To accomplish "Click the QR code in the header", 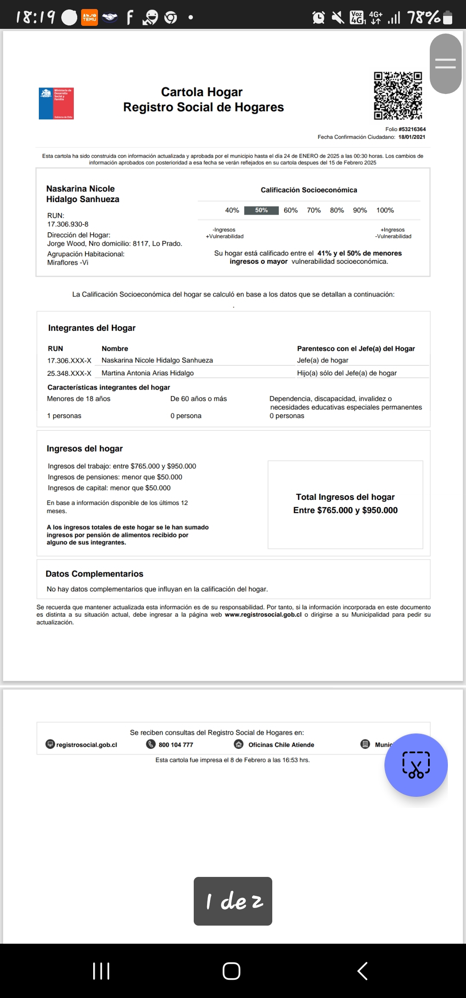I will (398, 96).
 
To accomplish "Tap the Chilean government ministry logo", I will (57, 103).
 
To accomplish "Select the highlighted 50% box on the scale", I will (261, 210).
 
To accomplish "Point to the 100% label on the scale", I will (385, 210).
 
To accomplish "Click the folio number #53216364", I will (412, 129).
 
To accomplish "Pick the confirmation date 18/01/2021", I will (412, 137).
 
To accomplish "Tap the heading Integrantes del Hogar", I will (92, 328).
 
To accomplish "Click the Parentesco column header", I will (356, 349).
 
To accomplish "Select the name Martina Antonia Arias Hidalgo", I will (148, 373).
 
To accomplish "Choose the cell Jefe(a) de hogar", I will (323, 360).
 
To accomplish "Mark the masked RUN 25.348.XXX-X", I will (69, 373).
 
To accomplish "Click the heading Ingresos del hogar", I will (85, 449).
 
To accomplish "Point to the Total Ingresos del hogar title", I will (345, 497).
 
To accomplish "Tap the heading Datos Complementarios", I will (94, 574).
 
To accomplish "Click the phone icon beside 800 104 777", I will (151, 744).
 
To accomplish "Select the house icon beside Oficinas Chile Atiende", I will (239, 744).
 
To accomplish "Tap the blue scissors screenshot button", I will (416, 765).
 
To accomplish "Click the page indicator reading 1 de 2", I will (233, 901).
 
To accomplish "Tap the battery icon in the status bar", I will (448, 18).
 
